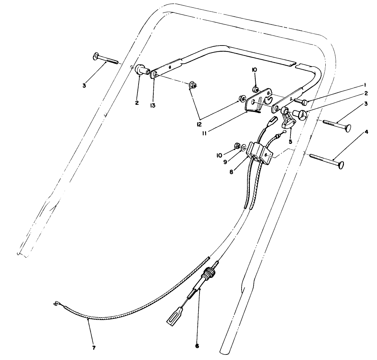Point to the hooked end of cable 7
[56, 303]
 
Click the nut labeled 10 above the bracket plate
[256, 90]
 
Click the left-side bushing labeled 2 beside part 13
[141, 69]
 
